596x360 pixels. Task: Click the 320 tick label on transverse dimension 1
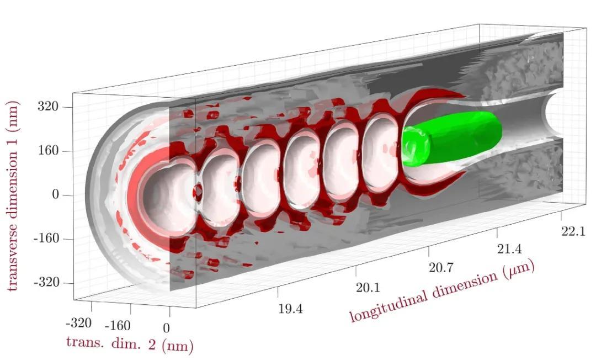coord(48,107)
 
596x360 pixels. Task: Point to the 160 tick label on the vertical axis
coord(48,151)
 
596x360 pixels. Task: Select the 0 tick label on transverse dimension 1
coord(56,195)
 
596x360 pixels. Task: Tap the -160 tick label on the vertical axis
coord(45,239)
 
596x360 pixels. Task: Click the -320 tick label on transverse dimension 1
coord(45,283)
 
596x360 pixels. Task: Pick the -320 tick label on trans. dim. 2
coord(79,323)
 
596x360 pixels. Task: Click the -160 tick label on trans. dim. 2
coord(118,326)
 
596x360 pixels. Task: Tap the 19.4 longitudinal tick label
coord(291,309)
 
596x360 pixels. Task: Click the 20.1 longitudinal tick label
coord(368,288)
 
